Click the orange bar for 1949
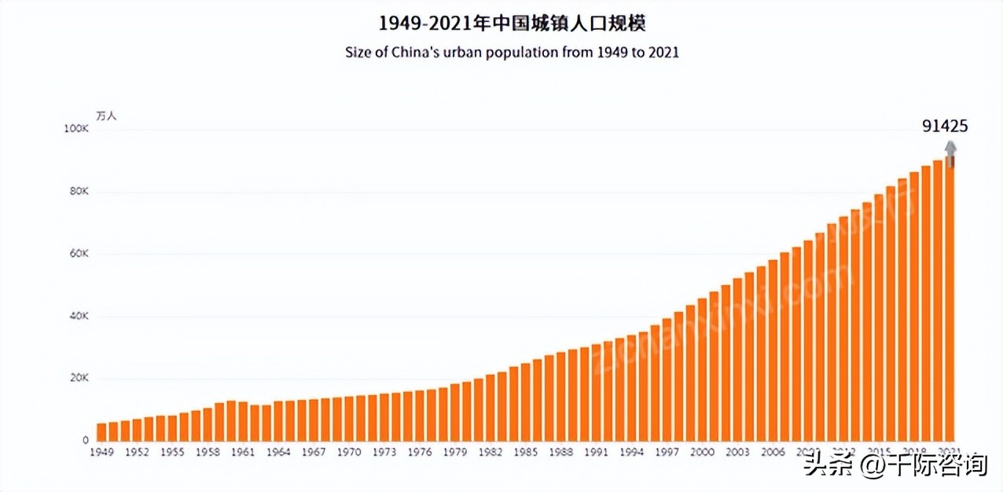pyautogui.click(x=101, y=431)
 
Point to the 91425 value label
pyautogui.click(x=945, y=127)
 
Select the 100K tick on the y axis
pyautogui.click(x=76, y=129)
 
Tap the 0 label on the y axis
pyautogui.click(x=85, y=440)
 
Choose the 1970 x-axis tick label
pyautogui.click(x=349, y=453)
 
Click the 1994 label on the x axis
pyautogui.click(x=631, y=453)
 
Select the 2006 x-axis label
pyautogui.click(x=773, y=453)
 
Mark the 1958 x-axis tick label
pyautogui.click(x=208, y=453)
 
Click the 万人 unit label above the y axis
pyautogui.click(x=105, y=115)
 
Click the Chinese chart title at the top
pyautogui.click(x=512, y=23)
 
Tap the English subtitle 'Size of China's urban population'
pyautogui.click(x=512, y=53)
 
